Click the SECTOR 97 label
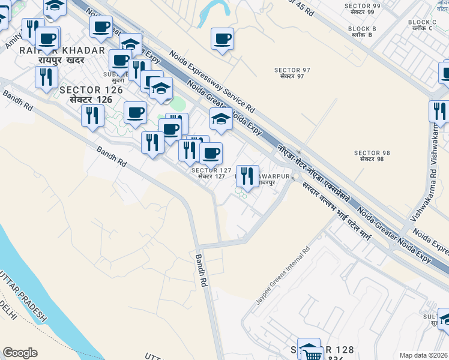(x=292, y=73)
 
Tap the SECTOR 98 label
(x=372, y=155)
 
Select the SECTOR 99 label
(x=363, y=8)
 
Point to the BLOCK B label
(x=361, y=31)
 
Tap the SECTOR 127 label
(x=211, y=173)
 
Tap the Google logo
(x=20, y=353)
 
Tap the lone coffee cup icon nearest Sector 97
(x=223, y=39)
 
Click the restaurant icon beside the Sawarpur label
(x=247, y=176)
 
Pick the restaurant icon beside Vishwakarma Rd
(x=439, y=112)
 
